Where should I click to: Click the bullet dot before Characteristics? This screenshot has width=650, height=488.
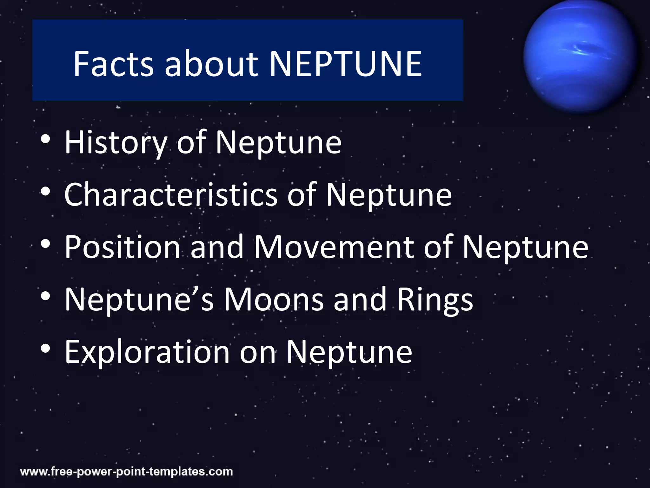(x=45, y=191)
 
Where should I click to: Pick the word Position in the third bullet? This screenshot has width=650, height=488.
(x=122, y=247)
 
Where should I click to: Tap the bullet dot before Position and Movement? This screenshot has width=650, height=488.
(x=45, y=244)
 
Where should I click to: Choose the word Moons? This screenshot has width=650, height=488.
(x=274, y=299)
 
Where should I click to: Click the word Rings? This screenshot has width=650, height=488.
(x=435, y=300)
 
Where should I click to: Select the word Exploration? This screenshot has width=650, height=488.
(x=147, y=352)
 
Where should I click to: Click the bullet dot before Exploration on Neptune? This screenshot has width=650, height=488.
(x=45, y=349)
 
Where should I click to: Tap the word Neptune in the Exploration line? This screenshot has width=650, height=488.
(x=349, y=352)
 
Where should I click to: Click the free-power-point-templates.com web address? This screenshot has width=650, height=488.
(x=126, y=471)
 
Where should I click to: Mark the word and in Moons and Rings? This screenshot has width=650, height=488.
(x=360, y=299)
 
